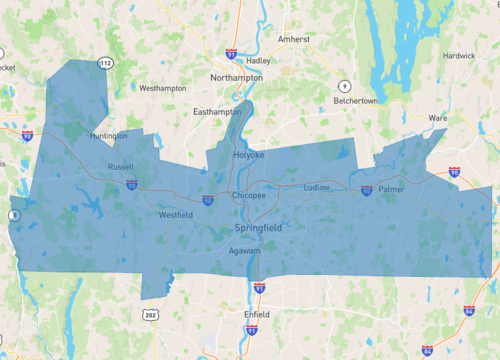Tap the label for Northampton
237,77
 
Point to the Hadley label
258,60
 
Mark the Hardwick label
459,56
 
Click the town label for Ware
437,118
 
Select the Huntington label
108,136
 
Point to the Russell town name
120,167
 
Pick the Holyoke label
248,155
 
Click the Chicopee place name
249,196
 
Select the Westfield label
175,215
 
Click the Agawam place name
244,251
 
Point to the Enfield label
257,314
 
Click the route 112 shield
103,63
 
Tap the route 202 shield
150,316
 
